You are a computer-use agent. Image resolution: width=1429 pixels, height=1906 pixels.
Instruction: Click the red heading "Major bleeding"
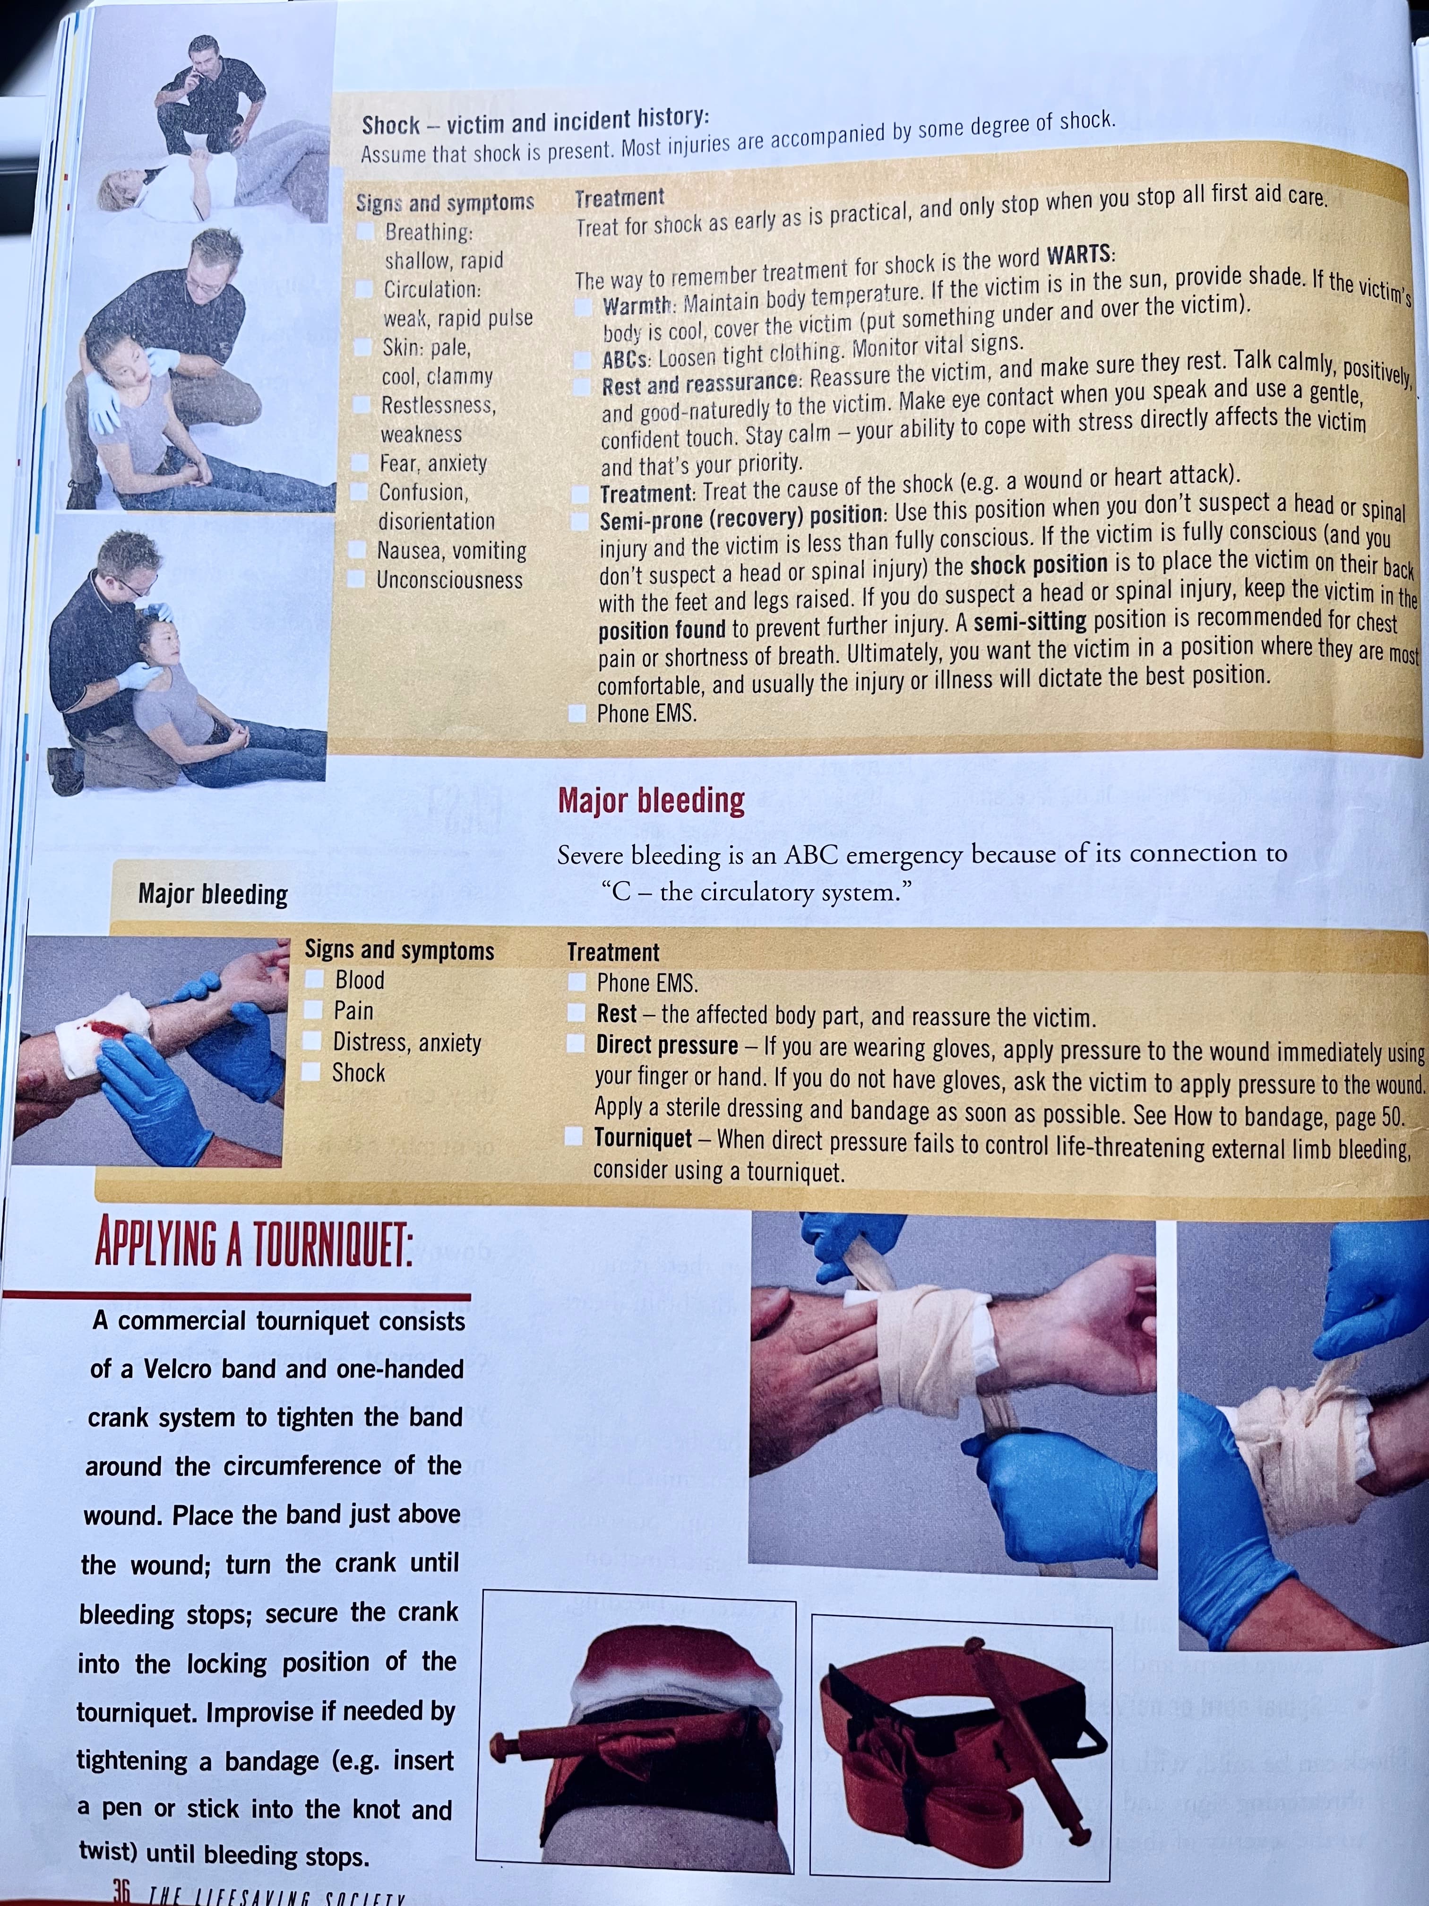[651, 800]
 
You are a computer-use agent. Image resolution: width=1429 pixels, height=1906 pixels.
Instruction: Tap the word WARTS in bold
[1080, 256]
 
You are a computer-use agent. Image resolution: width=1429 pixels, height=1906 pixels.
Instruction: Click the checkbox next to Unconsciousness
[357, 578]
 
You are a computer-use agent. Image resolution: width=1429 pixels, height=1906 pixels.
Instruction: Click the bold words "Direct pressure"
[667, 1045]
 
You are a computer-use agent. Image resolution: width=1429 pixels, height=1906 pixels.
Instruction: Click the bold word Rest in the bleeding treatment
[617, 1014]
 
